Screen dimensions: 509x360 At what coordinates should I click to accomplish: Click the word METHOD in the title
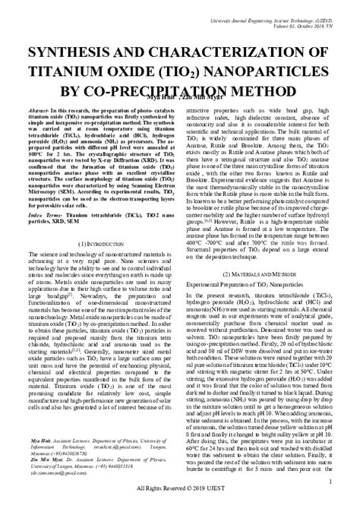click(x=264, y=90)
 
